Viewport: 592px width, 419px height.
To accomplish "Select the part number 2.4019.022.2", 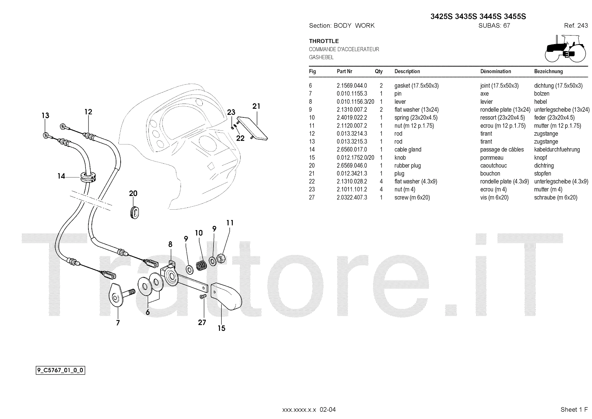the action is tap(352, 117).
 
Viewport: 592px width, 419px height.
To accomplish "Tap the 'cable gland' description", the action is tap(408, 150).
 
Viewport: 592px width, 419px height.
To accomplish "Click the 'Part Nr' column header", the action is tap(344, 71).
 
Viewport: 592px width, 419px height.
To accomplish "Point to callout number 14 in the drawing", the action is tap(61, 176).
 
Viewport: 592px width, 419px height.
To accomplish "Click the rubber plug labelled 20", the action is tap(135, 212).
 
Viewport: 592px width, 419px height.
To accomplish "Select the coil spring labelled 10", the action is tap(202, 265).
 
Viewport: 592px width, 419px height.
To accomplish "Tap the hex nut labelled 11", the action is tap(221, 258).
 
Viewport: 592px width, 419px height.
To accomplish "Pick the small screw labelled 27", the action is tap(203, 297).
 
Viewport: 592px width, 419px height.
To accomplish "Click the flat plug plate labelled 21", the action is tap(252, 128).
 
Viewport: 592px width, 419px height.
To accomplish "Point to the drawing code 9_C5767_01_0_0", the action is tap(60, 370).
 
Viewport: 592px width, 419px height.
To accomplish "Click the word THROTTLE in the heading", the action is tap(324, 41).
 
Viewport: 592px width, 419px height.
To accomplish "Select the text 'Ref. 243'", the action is tap(576, 26).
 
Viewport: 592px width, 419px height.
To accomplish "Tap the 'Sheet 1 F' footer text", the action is tap(574, 409).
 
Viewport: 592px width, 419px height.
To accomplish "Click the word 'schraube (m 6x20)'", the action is tap(555, 197).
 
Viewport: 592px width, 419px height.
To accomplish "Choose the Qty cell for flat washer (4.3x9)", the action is tap(381, 181).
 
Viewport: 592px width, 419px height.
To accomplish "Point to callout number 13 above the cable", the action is tap(45, 116).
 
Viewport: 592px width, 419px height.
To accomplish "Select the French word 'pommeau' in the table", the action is tap(492, 157).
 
